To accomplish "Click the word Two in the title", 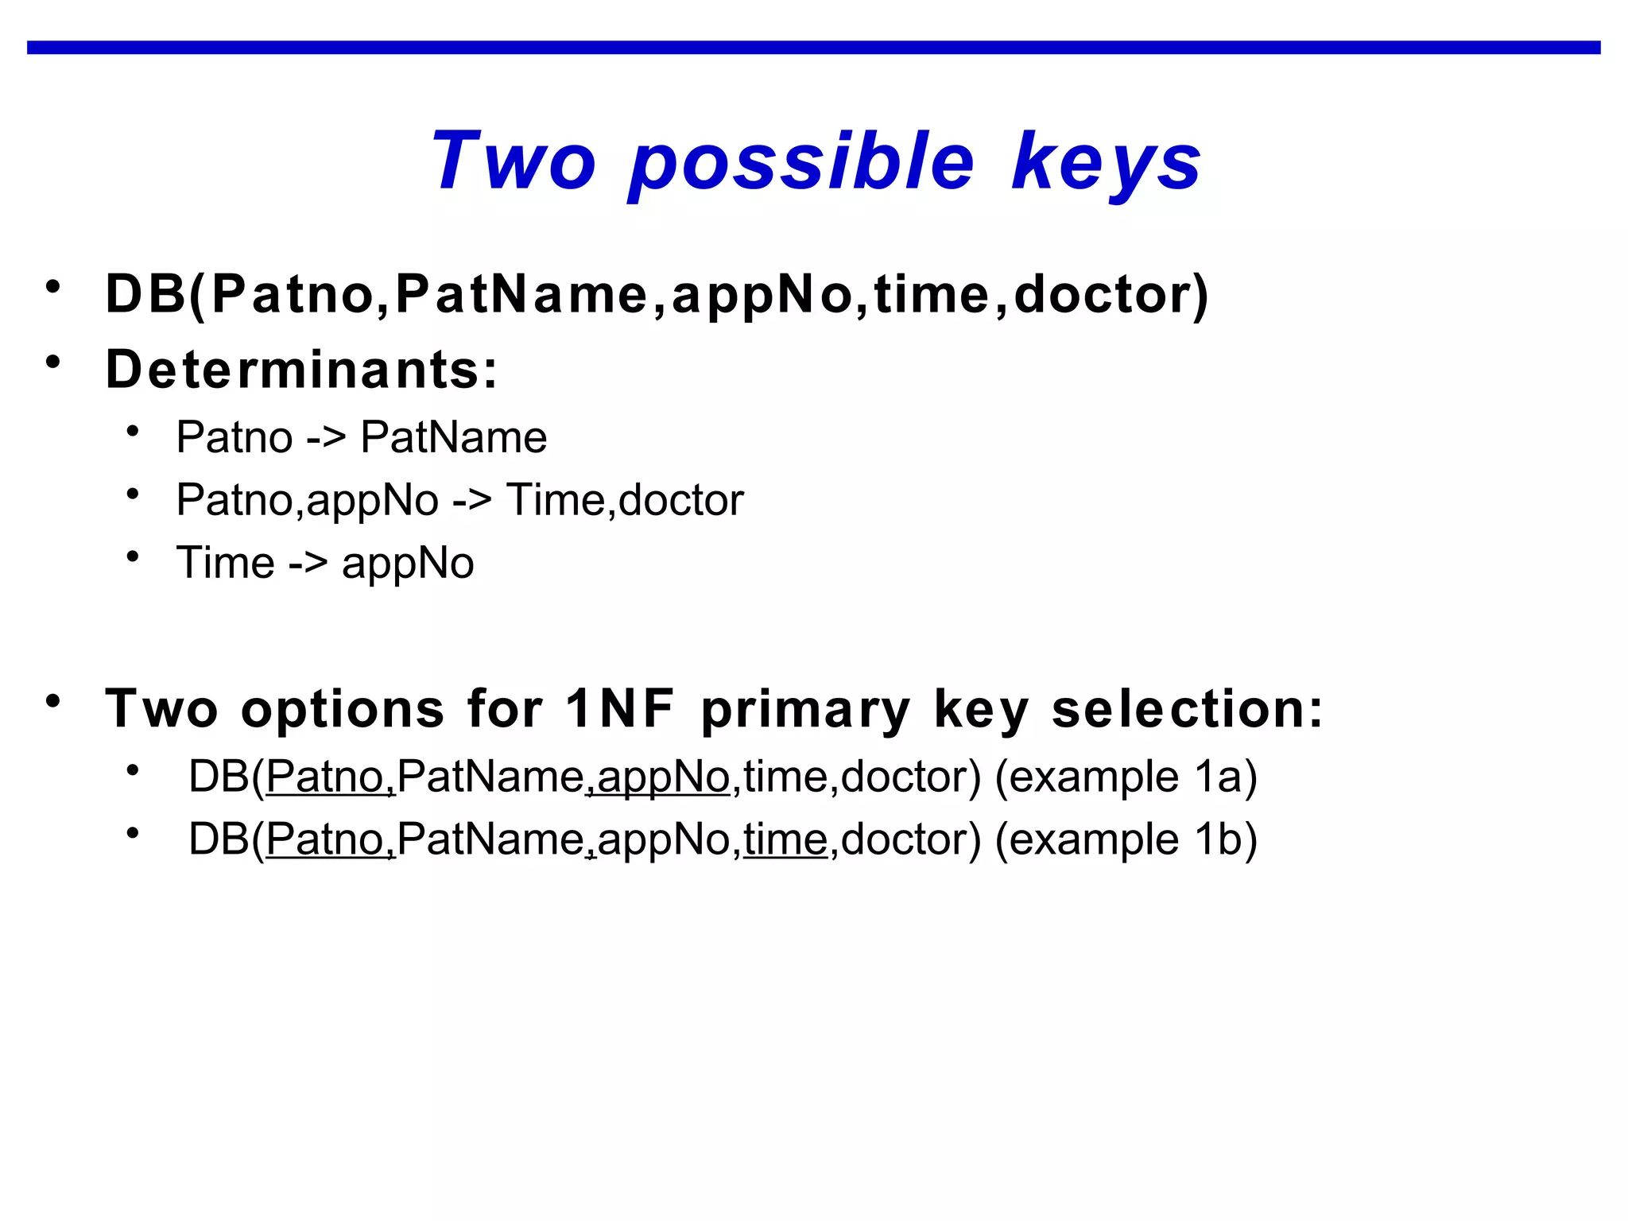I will tap(513, 161).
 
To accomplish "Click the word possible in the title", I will tap(801, 163).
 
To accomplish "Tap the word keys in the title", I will tap(1106, 163).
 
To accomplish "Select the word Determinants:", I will tap(301, 370).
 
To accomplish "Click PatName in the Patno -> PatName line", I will tap(453, 437).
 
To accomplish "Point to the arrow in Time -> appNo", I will tap(308, 564).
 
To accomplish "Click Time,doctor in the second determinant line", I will tap(625, 500).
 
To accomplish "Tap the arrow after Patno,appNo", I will tap(472, 501).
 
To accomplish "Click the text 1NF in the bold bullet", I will tap(619, 708).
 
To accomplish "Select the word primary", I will tap(804, 710).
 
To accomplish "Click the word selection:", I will tap(1187, 708).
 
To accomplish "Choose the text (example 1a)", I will tap(1126, 777).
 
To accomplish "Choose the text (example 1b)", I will tap(1126, 839).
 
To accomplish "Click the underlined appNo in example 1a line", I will tap(662, 777).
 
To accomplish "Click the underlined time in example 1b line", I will tap(785, 840).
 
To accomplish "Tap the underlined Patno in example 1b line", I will tap(326, 840).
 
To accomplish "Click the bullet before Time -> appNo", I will tap(133, 556).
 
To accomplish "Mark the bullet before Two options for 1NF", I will tap(53, 701).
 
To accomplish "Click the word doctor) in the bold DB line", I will tap(1111, 294).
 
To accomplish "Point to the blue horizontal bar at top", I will tap(813, 48).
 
